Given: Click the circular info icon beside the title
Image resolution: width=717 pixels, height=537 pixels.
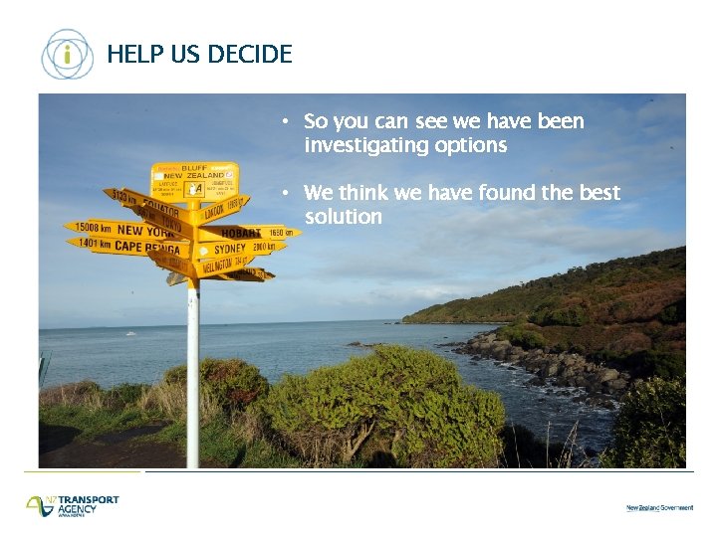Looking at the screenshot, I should click(x=67, y=54).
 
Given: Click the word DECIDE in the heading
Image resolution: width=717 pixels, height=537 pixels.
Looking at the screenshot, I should click(x=249, y=55).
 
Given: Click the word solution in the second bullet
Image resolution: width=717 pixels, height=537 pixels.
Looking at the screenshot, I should click(x=344, y=217).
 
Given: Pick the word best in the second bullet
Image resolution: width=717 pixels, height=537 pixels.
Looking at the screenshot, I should click(x=598, y=192).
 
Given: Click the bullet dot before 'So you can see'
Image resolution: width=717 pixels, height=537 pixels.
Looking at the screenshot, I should click(x=284, y=121).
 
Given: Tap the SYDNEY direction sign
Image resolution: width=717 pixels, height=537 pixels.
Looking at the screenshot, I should click(x=239, y=249).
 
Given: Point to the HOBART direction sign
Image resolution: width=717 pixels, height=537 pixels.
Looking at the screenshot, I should click(x=249, y=233).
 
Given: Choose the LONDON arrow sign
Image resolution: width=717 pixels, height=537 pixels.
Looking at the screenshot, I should click(x=221, y=211).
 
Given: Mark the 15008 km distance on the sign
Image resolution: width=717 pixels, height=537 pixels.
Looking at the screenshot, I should click(x=93, y=228).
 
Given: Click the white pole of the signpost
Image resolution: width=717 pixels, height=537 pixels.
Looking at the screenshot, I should click(x=193, y=378).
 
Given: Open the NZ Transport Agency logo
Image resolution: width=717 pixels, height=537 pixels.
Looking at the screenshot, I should click(x=73, y=505).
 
